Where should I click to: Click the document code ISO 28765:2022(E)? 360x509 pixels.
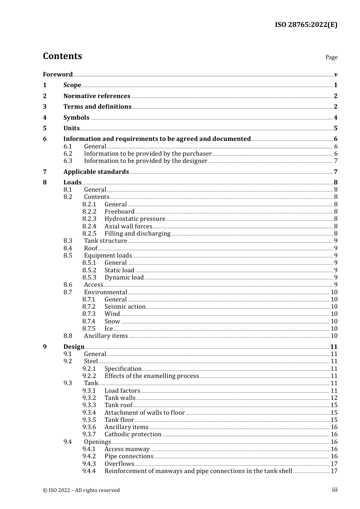(x=306, y=25)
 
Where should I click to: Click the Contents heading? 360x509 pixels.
(x=62, y=56)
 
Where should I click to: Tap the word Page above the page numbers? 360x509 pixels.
(x=331, y=57)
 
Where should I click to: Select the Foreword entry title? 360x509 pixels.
(x=58, y=74)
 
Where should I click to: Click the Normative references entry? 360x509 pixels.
(x=97, y=96)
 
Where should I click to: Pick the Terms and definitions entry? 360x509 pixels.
(x=97, y=106)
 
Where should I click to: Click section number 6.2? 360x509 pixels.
(x=68, y=153)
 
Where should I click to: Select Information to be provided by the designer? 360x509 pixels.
(x=146, y=161)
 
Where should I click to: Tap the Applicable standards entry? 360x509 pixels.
(x=96, y=172)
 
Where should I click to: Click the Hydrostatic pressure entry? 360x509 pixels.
(x=135, y=219)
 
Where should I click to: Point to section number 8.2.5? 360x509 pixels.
(x=89, y=233)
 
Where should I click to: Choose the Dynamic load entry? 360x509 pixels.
(x=124, y=277)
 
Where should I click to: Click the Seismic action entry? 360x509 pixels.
(x=125, y=306)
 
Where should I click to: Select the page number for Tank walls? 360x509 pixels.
(x=334, y=398)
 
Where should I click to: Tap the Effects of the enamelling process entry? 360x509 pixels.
(x=152, y=376)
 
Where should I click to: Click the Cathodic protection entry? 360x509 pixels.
(x=133, y=434)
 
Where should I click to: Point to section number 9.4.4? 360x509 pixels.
(x=89, y=471)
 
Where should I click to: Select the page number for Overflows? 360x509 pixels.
(x=334, y=464)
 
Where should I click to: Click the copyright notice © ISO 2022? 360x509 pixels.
(x=81, y=490)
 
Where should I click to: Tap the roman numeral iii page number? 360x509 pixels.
(x=335, y=490)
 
